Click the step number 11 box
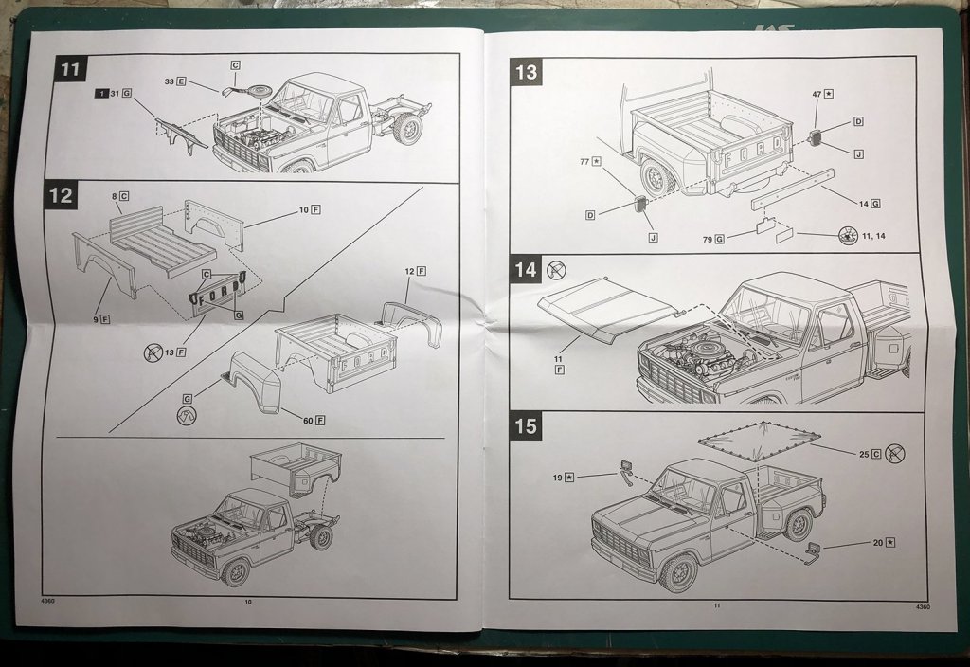click(x=70, y=70)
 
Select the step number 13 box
click(x=526, y=71)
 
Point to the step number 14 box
click(x=526, y=269)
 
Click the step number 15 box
click(x=526, y=426)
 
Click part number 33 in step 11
click(x=170, y=82)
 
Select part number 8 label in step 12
click(x=115, y=196)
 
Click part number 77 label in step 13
click(x=584, y=162)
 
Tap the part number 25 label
click(x=864, y=455)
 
